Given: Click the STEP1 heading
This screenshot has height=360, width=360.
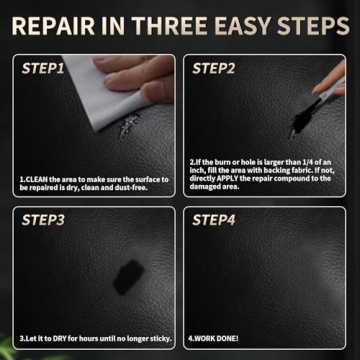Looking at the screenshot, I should [x=44, y=69].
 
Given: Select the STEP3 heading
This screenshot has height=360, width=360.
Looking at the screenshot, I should [x=44, y=219].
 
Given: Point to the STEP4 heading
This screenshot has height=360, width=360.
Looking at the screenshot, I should [x=213, y=219].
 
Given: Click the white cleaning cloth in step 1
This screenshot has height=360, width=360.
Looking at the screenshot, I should [x=95, y=95].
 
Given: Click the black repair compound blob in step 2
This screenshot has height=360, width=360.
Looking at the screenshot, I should [x=296, y=128].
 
